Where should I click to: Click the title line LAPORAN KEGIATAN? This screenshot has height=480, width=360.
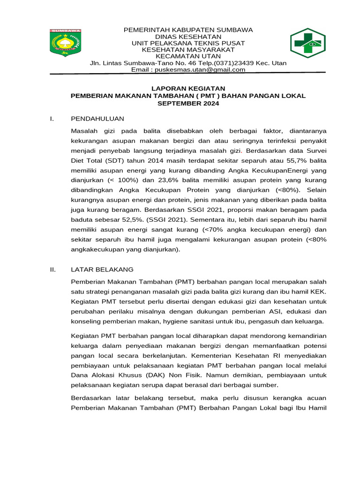click(x=188, y=88)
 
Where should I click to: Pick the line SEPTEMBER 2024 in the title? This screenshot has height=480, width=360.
click(x=188, y=103)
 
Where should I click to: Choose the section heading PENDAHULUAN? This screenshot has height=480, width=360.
click(x=97, y=119)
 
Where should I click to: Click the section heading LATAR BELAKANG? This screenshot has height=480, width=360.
click(x=102, y=270)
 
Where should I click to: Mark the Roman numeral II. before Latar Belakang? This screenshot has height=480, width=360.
click(x=53, y=270)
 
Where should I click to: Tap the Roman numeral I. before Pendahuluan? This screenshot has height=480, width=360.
click(x=52, y=119)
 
